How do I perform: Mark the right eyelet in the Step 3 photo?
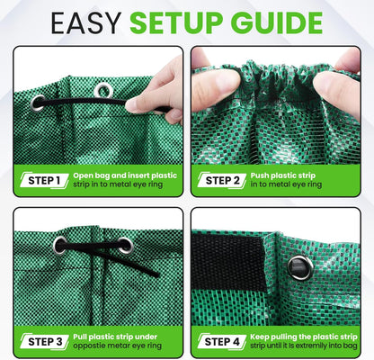click(125, 245)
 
